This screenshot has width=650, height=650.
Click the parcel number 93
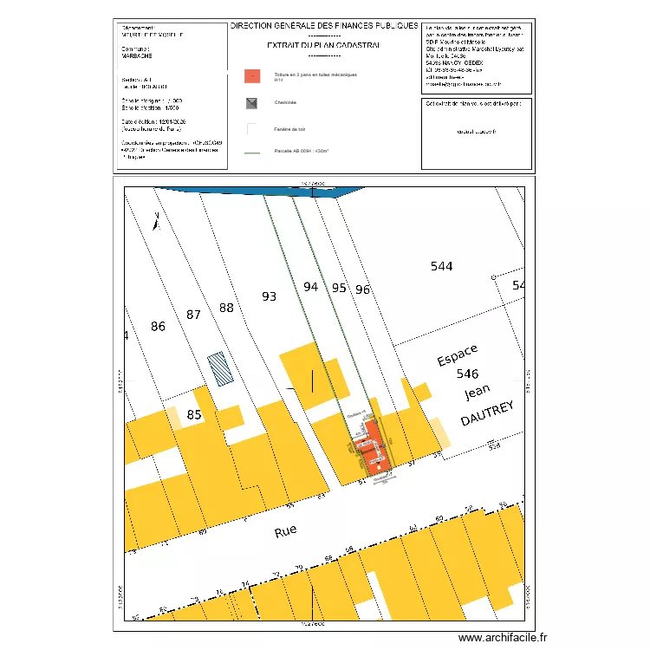(x=269, y=296)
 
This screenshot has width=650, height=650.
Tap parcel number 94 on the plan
(x=311, y=286)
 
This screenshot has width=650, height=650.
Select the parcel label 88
(x=226, y=308)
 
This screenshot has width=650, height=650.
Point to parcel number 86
(x=158, y=327)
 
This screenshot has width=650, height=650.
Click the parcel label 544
(x=441, y=267)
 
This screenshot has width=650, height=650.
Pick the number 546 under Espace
(x=467, y=374)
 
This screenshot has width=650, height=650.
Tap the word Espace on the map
(x=457, y=355)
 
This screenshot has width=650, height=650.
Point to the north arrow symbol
(x=155, y=222)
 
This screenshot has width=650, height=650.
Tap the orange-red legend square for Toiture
(x=252, y=75)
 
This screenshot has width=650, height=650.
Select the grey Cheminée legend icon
(x=252, y=103)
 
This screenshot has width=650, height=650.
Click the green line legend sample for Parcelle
(x=252, y=153)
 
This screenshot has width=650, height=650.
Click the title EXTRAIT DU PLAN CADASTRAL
(x=324, y=44)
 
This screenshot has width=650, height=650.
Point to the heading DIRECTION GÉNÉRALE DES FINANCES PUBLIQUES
(x=324, y=26)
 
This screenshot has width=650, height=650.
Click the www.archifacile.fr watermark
(x=504, y=638)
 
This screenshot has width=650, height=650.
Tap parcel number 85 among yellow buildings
(x=194, y=415)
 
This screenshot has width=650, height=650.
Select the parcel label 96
(x=362, y=289)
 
